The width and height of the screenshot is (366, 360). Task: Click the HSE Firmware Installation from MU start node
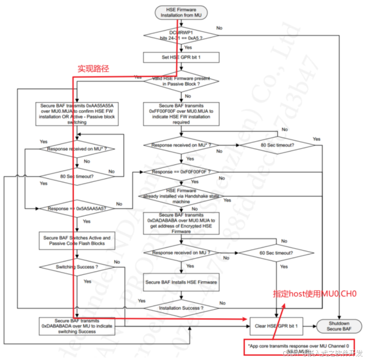click(181, 11)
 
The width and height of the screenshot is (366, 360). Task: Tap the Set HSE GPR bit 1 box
click(181, 57)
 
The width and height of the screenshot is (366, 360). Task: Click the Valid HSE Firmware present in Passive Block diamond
click(181, 82)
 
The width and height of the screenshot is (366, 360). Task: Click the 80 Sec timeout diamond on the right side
click(277, 145)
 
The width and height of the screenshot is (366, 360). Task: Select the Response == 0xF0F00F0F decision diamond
click(181, 172)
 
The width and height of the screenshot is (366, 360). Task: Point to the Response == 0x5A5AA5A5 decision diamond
click(78, 208)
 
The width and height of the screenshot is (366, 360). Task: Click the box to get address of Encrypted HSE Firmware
click(181, 223)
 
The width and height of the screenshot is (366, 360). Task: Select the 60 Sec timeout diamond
click(277, 253)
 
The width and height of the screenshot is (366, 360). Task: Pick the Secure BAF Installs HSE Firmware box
click(181, 282)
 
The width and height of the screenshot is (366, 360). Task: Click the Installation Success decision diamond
click(181, 307)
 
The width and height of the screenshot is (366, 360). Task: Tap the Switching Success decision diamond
click(78, 267)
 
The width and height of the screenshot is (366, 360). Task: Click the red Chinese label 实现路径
click(93, 69)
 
